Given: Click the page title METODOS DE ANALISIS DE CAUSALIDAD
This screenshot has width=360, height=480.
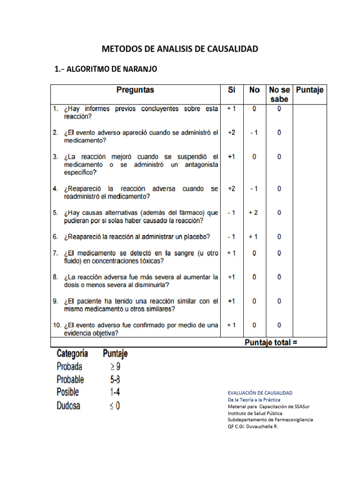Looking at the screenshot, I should pos(180,49).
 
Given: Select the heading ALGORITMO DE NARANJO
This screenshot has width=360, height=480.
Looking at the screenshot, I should pos(106,69).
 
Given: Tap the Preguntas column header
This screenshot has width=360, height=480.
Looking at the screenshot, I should pos(135,90).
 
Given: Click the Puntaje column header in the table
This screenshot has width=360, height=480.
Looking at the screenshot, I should pos(310,90).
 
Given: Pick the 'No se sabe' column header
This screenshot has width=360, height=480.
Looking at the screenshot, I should pos(279,94).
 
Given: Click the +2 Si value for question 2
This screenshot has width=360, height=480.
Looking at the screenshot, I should pos(232,133).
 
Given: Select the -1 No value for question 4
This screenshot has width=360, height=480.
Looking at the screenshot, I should pos(254,189).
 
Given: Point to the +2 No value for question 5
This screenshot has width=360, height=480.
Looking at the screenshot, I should pos(253,212).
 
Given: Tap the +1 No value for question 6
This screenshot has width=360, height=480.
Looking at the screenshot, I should pos(253,237).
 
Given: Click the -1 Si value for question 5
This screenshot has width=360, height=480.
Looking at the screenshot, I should pos(232,212).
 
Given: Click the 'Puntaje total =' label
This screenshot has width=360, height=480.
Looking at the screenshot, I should pos(271,343).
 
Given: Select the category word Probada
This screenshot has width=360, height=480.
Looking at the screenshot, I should pos(69,366).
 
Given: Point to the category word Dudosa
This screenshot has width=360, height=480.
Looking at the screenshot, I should pos(68,405).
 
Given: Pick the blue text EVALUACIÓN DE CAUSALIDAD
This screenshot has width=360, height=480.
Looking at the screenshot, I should pos(260,392).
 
